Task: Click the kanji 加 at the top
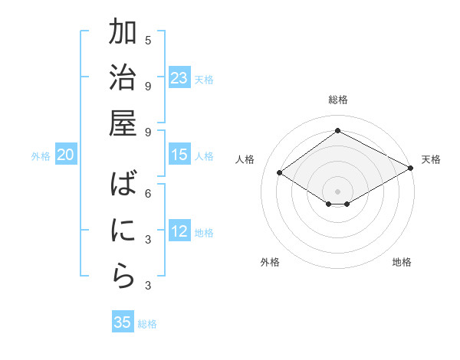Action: coord(123,34)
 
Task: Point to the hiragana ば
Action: coord(123,186)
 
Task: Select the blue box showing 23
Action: coord(179,77)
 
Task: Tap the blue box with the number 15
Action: coord(179,155)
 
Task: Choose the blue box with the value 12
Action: coord(179,231)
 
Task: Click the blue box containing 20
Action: coord(65,155)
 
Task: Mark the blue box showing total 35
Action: coord(123,322)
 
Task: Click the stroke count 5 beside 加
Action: coord(148,40)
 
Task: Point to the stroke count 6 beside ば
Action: coord(148,193)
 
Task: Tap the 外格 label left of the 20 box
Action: coord(41,156)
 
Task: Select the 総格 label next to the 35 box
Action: coord(147,324)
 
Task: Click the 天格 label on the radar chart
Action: coord(431,159)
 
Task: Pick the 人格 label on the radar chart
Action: coord(245,159)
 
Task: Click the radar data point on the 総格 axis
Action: coord(337,130)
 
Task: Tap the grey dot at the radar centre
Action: coord(337,191)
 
